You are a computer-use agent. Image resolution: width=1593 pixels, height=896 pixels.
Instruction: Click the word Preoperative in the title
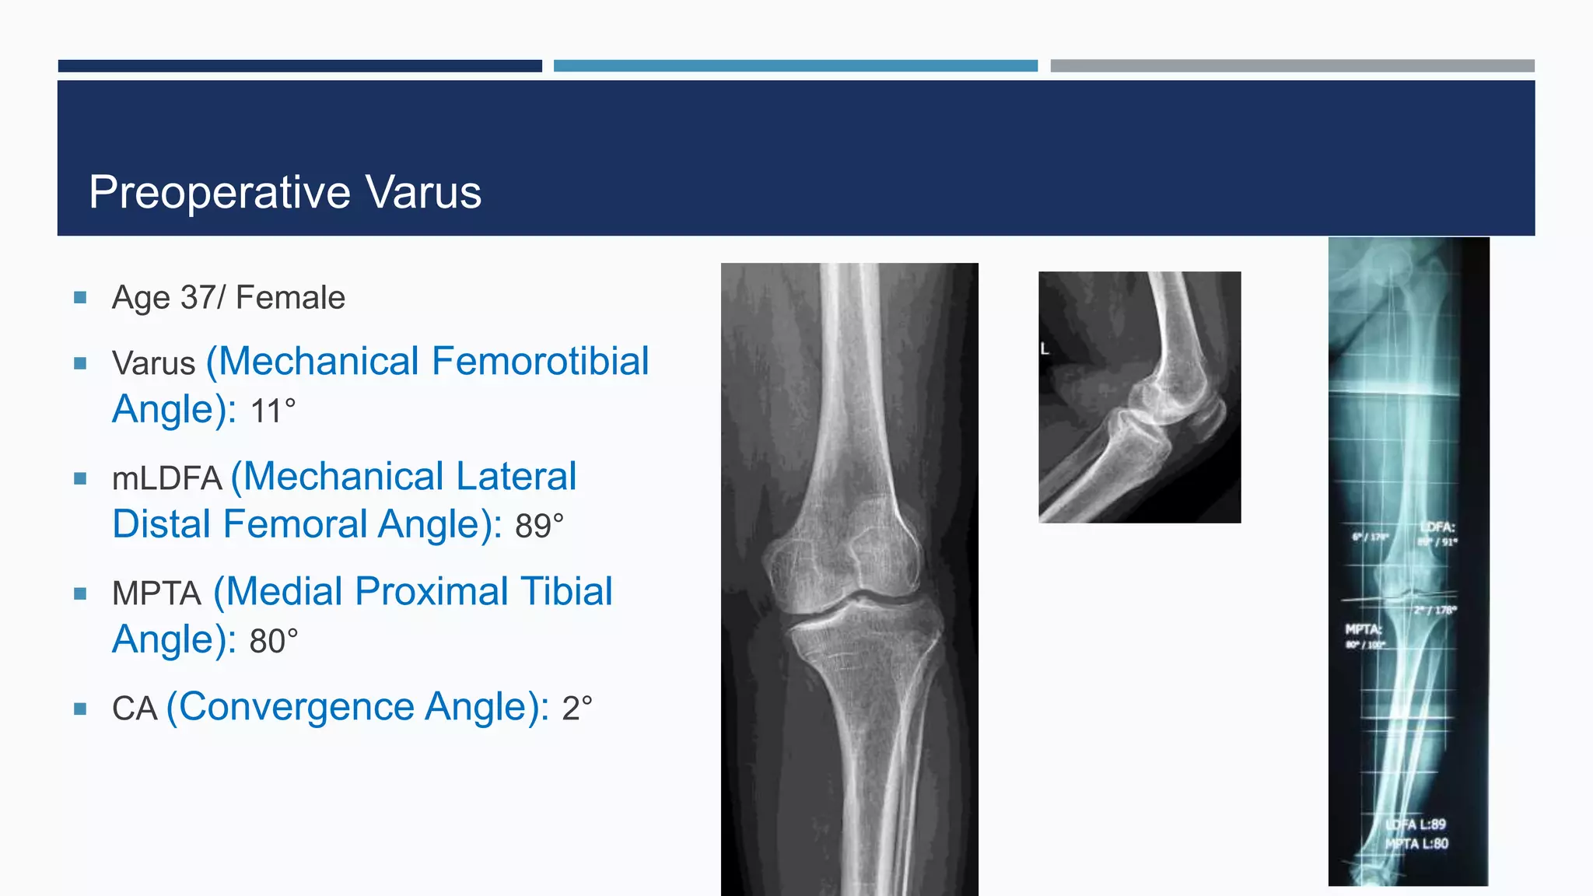(x=220, y=192)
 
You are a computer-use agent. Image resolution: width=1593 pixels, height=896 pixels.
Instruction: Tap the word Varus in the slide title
(x=423, y=192)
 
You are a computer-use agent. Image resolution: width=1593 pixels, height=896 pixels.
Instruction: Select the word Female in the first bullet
(x=290, y=298)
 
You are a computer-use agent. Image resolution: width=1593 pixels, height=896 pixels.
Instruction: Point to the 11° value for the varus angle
(x=273, y=411)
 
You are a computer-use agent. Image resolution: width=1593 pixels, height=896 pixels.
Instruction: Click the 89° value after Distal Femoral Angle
(x=539, y=526)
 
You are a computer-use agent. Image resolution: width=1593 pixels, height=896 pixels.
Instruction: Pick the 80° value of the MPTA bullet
(x=273, y=641)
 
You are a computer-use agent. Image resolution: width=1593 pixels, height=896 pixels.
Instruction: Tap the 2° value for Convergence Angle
(x=577, y=709)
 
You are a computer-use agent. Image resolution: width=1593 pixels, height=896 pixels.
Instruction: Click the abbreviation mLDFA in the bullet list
(x=167, y=478)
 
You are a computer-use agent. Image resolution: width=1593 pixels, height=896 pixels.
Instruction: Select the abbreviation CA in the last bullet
(x=135, y=709)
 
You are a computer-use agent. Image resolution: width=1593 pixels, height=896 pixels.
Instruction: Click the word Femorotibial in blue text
(x=540, y=362)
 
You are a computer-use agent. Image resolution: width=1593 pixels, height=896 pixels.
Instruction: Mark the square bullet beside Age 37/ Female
(x=80, y=297)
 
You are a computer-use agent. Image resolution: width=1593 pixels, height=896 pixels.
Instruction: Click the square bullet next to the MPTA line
(x=80, y=593)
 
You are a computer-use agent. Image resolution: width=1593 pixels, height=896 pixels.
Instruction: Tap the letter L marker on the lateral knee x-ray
(x=1045, y=349)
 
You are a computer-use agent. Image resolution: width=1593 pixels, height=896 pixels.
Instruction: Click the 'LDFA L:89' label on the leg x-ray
(x=1416, y=824)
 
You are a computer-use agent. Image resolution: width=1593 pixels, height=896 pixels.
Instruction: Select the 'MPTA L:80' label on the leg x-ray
(x=1416, y=843)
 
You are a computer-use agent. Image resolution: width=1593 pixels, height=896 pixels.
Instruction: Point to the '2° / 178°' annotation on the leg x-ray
(x=1436, y=610)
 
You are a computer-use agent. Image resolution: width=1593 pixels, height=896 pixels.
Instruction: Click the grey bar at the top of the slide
(x=1292, y=66)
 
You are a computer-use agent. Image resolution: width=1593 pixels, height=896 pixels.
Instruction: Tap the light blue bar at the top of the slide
(x=795, y=66)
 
